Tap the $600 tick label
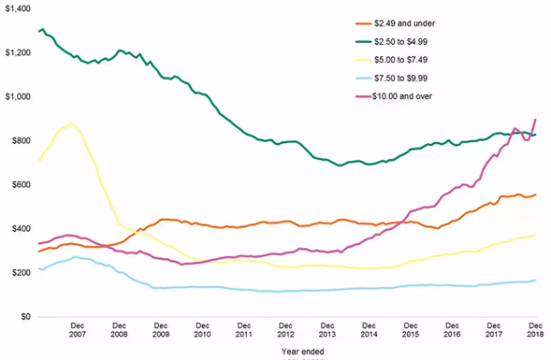(x=20, y=185)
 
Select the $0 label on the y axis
(x=24, y=317)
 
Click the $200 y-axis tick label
(x=20, y=273)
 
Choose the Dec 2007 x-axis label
(x=77, y=330)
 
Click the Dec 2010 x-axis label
(x=203, y=330)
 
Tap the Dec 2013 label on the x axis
(x=328, y=330)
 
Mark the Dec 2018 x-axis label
(x=535, y=330)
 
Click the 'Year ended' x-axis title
(x=303, y=351)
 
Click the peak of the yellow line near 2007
(x=70, y=123)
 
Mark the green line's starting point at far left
(x=39, y=32)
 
